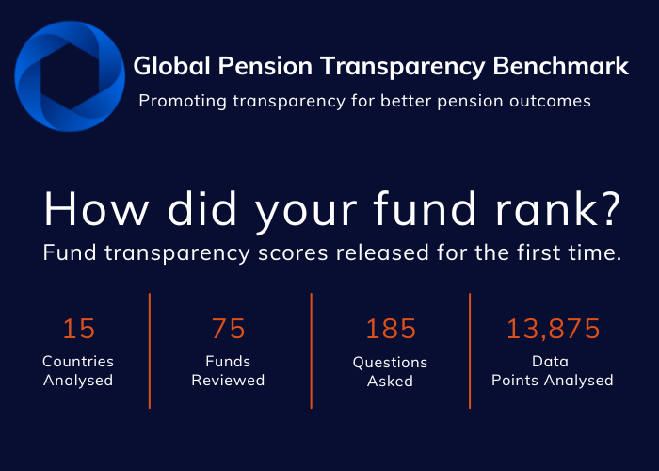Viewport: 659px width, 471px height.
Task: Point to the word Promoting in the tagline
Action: pyautogui.click(x=178, y=101)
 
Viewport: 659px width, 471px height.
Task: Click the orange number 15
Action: pyautogui.click(x=79, y=329)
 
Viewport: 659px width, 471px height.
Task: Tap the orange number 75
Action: pyautogui.click(x=229, y=329)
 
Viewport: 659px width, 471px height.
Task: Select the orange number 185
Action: pyautogui.click(x=391, y=329)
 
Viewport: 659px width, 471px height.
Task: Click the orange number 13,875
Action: pyautogui.click(x=554, y=329)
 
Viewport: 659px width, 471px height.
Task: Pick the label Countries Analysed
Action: pyautogui.click(x=78, y=371)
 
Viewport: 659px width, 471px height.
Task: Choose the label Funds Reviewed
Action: pyautogui.click(x=228, y=371)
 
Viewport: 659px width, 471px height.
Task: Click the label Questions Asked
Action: pyautogui.click(x=390, y=371)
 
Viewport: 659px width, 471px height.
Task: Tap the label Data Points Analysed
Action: pyautogui.click(x=554, y=371)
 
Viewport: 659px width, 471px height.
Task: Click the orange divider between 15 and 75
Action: pyautogui.click(x=150, y=350)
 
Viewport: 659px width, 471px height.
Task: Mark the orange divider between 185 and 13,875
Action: pyautogui.click(x=470, y=350)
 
